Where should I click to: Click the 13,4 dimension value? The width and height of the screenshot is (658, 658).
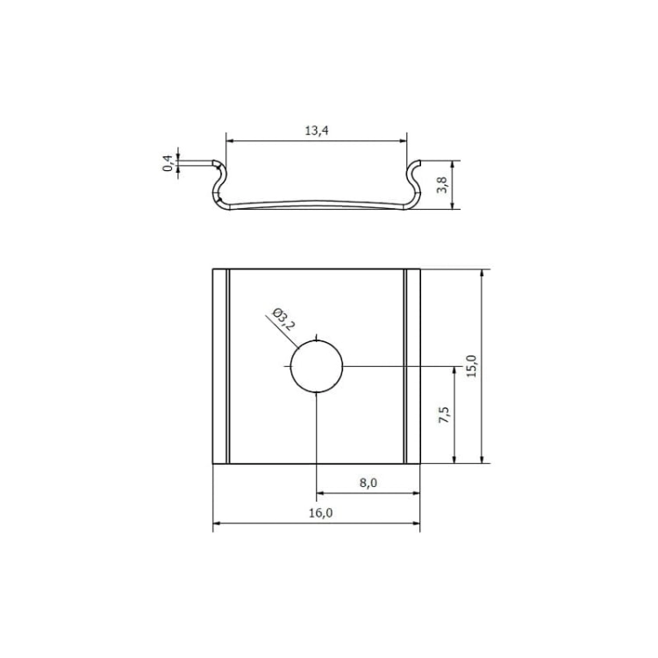click(317, 131)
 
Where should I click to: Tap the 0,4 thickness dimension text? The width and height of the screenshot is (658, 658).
click(168, 163)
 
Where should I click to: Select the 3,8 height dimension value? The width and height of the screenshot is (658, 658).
click(442, 184)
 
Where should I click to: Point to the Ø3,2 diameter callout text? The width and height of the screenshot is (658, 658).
click(283, 319)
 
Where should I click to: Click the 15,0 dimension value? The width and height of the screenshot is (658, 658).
click(472, 367)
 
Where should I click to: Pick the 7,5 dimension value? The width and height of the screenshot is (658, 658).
click(444, 415)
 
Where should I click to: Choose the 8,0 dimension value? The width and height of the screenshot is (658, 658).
click(368, 483)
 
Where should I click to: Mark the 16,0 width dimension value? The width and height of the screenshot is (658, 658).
click(320, 513)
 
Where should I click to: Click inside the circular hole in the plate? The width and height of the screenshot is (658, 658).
click(317, 367)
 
